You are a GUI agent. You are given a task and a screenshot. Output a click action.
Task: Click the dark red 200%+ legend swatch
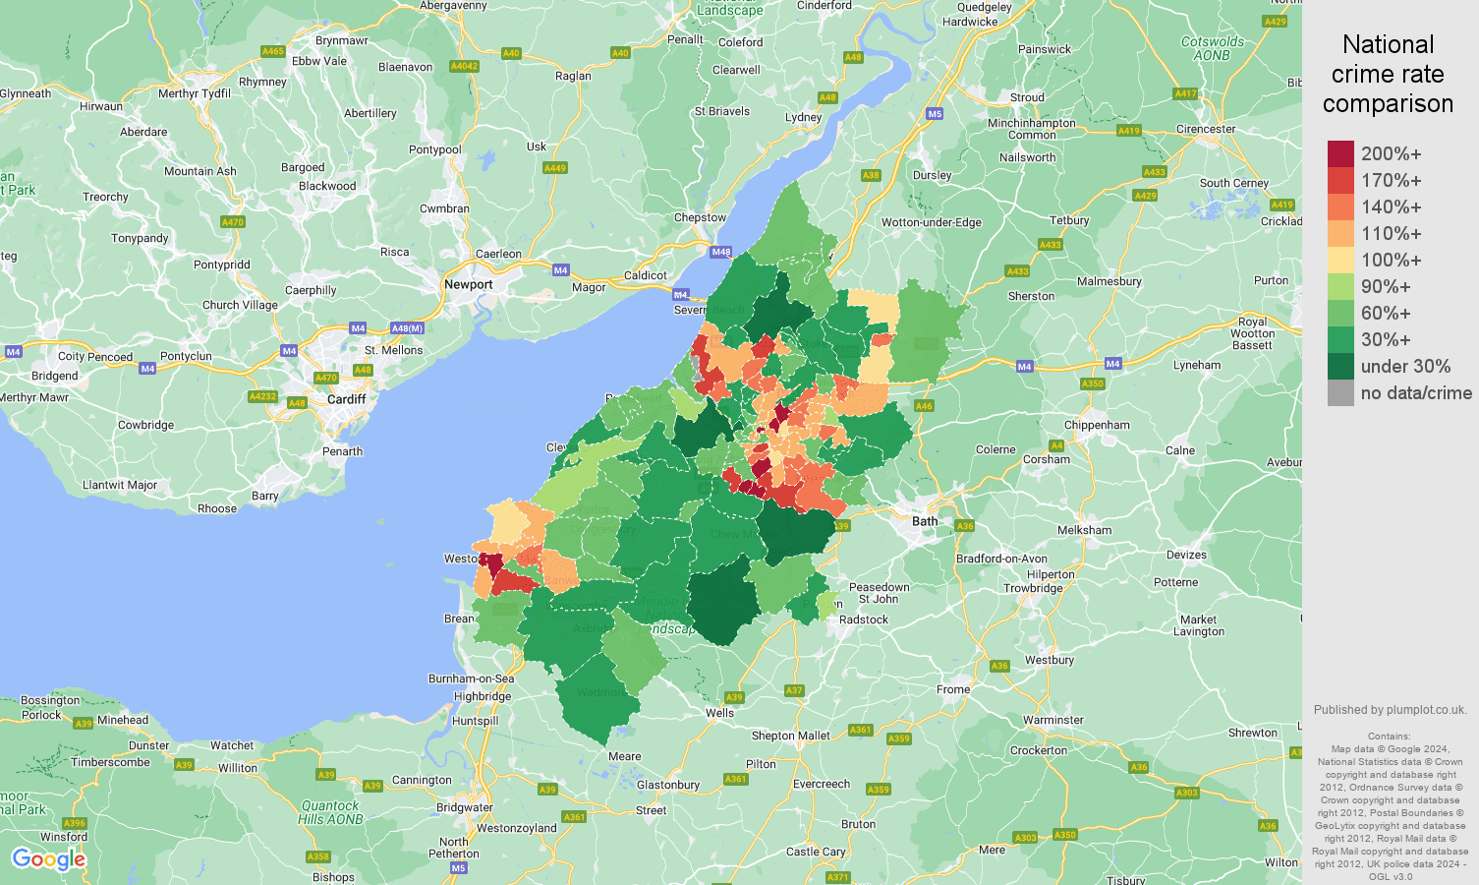[1340, 154]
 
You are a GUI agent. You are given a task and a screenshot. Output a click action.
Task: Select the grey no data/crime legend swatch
[1340, 393]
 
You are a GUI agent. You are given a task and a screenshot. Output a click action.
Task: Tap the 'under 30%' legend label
[1405, 367]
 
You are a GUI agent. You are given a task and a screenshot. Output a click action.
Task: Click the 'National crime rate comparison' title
[1388, 74]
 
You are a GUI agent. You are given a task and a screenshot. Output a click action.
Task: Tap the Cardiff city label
[347, 399]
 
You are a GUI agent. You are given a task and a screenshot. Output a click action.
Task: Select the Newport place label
[468, 284]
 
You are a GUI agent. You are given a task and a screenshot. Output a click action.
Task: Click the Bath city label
[925, 521]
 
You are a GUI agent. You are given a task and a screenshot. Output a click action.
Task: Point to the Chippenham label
[1096, 425]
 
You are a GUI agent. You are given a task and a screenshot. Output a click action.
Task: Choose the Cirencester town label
[1206, 129]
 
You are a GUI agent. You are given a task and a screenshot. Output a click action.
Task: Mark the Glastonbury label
[668, 785]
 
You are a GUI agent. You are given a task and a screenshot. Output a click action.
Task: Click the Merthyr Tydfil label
[195, 93]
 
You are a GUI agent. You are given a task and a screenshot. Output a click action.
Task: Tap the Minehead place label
[123, 720]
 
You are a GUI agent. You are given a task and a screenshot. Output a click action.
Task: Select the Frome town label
[953, 689]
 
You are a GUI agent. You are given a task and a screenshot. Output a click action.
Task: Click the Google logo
[48, 859]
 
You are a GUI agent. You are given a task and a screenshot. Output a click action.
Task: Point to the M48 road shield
[721, 252]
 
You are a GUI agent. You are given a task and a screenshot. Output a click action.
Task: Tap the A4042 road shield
[464, 66]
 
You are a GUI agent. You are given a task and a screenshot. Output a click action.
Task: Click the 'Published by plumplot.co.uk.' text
[1390, 709]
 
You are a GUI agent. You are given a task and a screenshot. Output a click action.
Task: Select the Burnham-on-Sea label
[471, 678]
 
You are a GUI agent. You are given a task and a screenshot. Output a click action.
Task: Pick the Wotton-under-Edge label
[931, 222]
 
